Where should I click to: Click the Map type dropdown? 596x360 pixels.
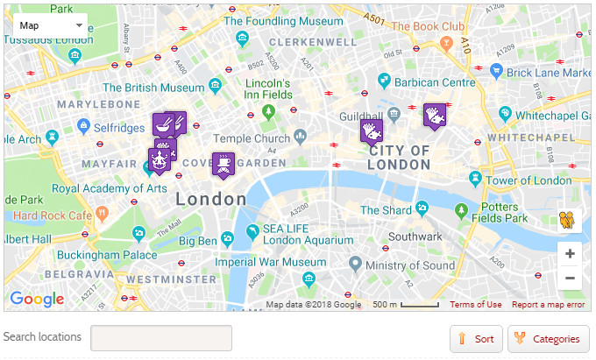tap(51, 25)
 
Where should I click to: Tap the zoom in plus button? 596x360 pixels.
tap(570, 254)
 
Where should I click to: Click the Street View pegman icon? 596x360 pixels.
tap(570, 219)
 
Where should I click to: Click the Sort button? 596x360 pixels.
tap(476, 339)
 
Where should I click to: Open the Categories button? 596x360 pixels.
tap(549, 339)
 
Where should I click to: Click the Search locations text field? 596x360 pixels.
tap(161, 338)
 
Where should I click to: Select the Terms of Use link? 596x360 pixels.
tap(476, 305)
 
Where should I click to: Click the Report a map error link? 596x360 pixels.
tap(548, 305)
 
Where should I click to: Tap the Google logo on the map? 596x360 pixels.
tap(37, 300)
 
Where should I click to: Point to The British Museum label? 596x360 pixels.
tap(154, 88)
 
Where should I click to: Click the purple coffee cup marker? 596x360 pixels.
tap(223, 164)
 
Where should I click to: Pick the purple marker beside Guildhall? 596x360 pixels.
tap(372, 131)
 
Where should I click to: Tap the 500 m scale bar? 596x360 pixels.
tap(406, 305)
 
